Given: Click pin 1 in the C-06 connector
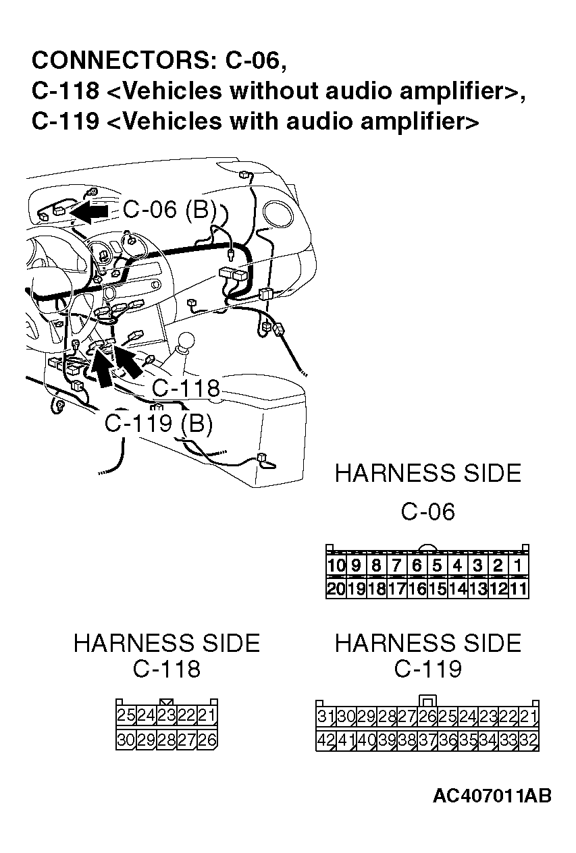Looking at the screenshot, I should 518,566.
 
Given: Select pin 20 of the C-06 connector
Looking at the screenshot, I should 336,588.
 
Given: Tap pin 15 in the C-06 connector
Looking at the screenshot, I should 437,588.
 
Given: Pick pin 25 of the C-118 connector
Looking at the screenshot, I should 126,715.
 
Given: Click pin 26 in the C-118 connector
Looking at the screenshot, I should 207,740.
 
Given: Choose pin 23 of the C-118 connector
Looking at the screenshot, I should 167,715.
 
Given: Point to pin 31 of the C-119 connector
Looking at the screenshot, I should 326,715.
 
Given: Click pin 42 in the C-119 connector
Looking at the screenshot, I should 326,740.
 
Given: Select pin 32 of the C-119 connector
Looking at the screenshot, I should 529,740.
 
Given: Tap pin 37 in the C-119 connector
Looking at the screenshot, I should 427,740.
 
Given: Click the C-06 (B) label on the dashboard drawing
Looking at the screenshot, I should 169,210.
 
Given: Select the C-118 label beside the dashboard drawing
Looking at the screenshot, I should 186,389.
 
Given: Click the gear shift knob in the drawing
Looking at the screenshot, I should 186,342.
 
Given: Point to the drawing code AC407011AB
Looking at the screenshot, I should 492,796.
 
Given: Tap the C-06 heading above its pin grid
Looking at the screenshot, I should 427,512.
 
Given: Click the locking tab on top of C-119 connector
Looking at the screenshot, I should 427,699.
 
